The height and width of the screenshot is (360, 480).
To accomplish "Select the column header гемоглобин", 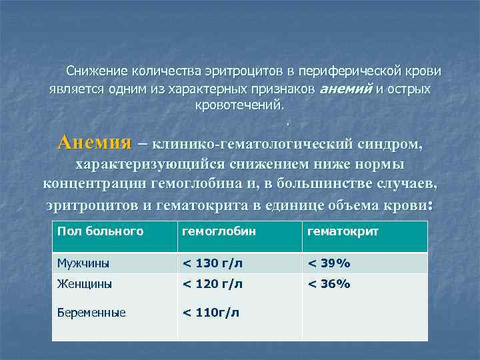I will pos(212,231).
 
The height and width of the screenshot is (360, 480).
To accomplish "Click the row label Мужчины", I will pos(84,263).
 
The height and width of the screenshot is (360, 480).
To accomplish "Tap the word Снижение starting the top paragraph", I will pos(95,71).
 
